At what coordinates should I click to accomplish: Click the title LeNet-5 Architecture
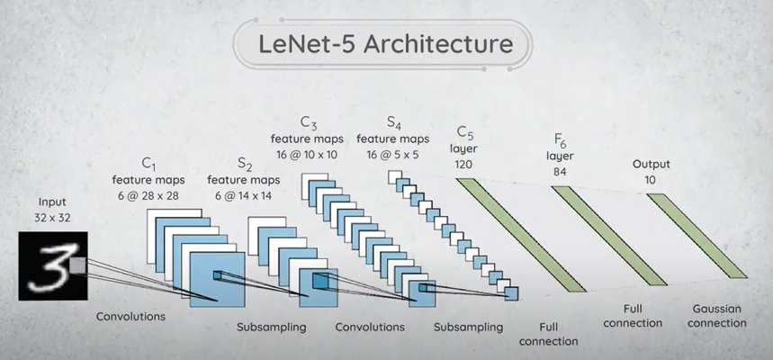(385, 43)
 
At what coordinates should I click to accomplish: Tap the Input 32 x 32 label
(52, 210)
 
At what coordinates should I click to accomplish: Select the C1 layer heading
(148, 164)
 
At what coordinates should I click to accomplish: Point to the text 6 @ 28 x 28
(148, 194)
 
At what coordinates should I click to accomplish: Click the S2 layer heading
(245, 164)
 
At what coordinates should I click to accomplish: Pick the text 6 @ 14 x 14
(243, 195)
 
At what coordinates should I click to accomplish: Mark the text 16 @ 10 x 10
(309, 154)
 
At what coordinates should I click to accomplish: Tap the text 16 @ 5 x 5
(393, 154)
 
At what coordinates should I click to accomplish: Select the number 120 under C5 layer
(464, 165)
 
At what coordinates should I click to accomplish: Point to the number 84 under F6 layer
(560, 171)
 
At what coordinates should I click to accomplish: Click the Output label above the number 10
(652, 166)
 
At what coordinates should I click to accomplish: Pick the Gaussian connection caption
(716, 315)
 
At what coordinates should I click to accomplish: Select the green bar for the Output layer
(696, 235)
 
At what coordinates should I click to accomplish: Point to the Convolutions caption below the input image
(131, 317)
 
